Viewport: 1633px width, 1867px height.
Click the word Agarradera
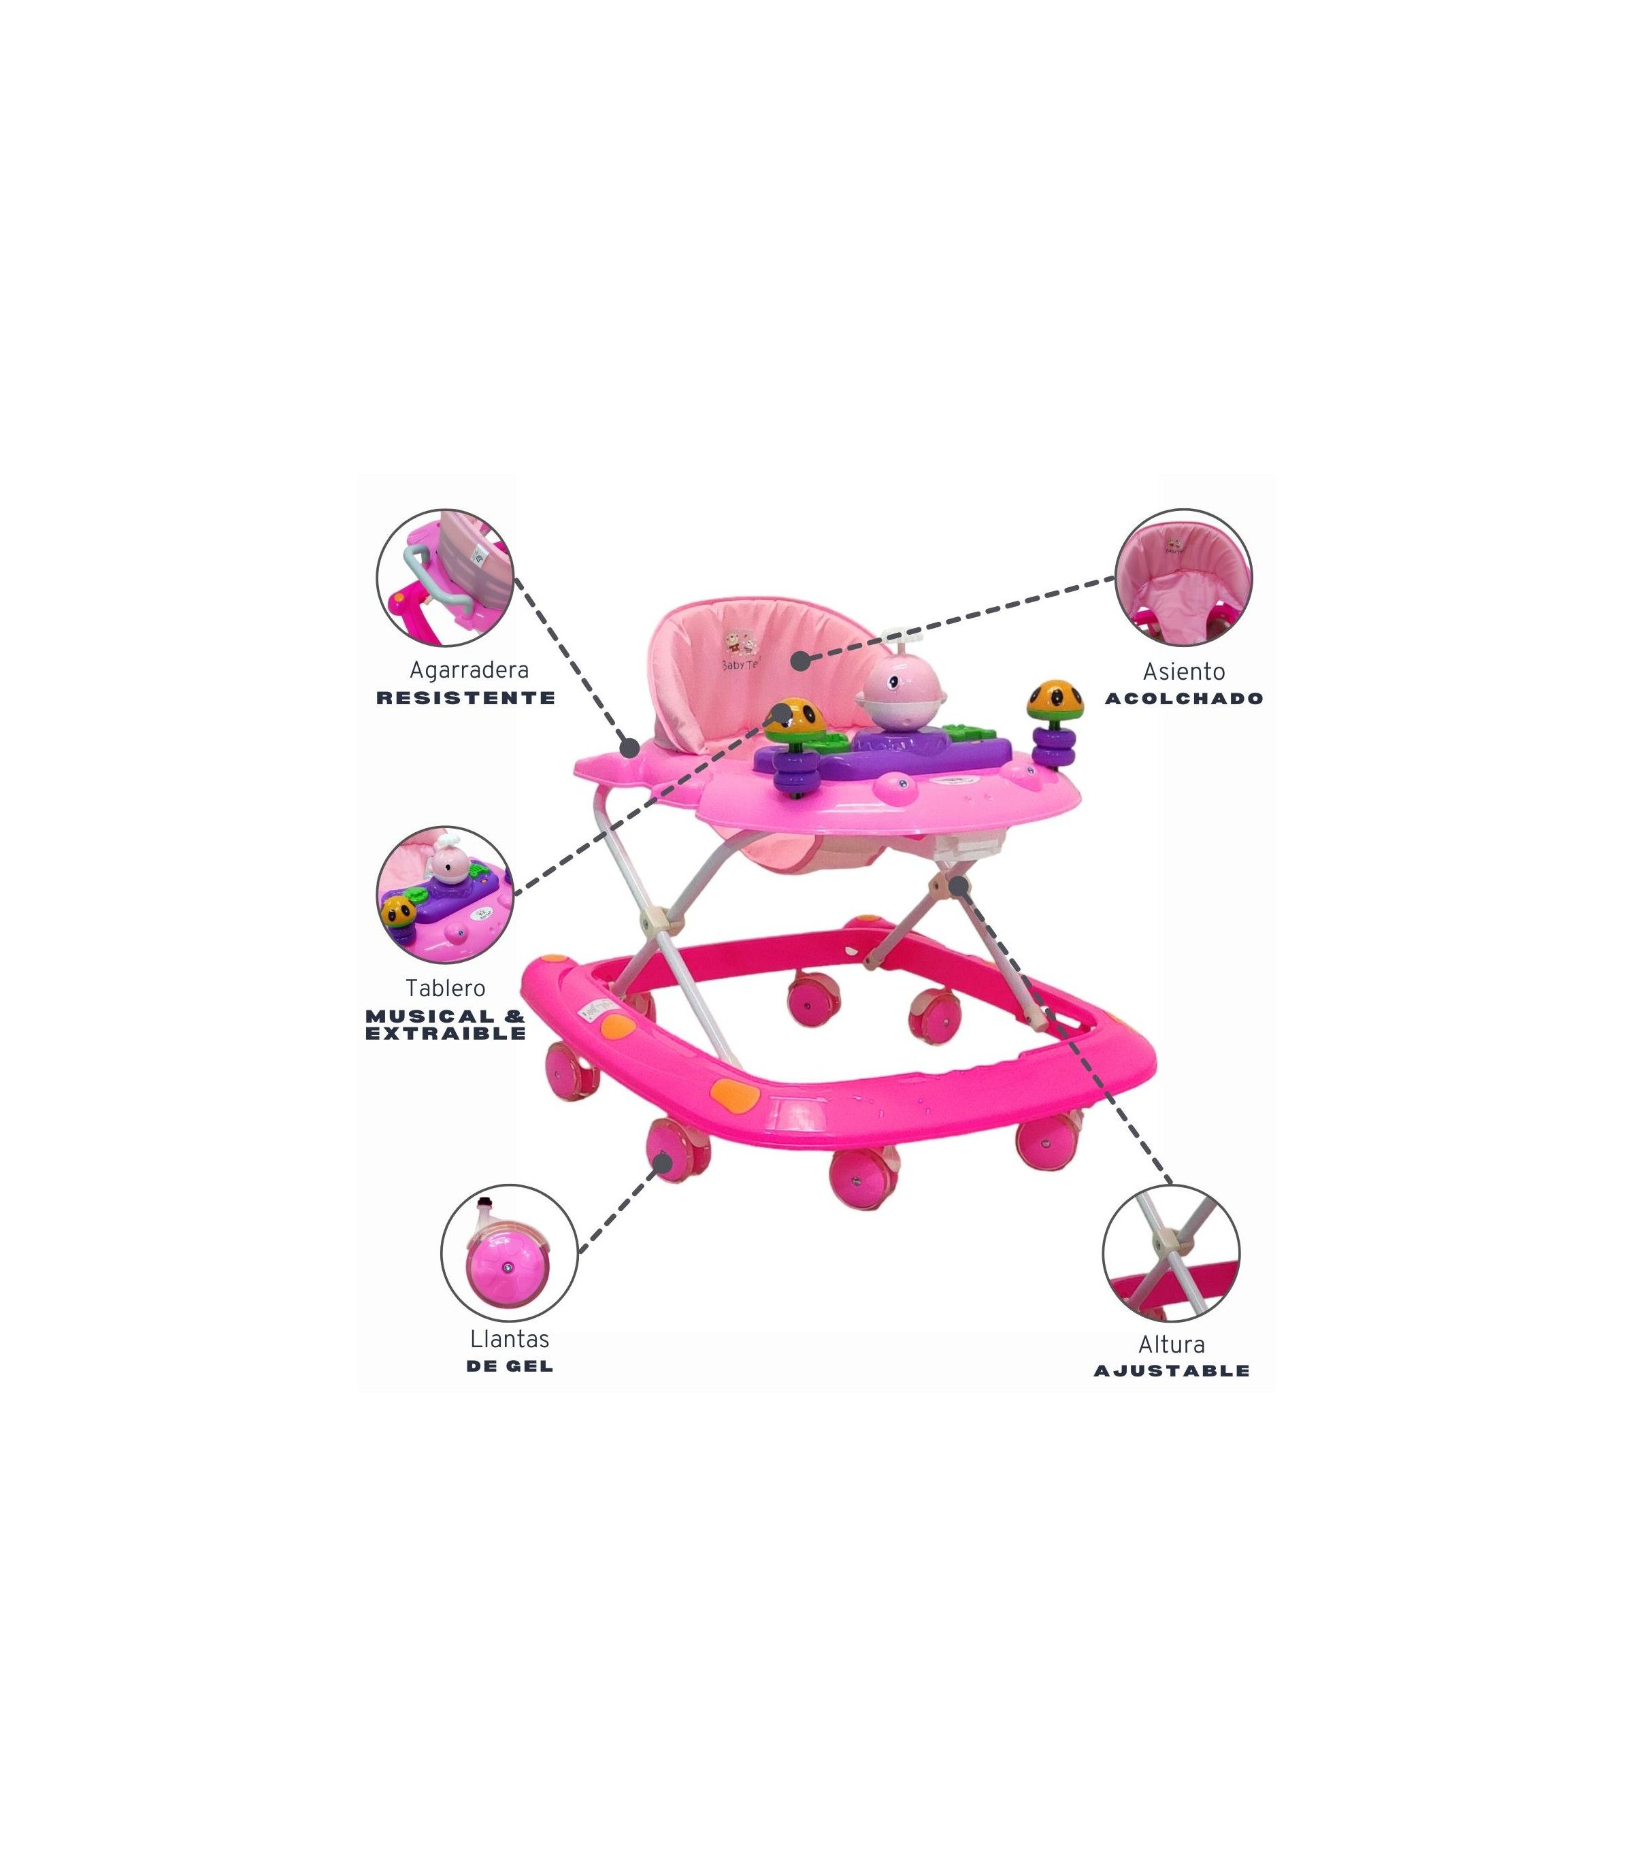pyautogui.click(x=468, y=671)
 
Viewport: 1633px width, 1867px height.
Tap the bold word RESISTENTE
pyautogui.click(x=465, y=698)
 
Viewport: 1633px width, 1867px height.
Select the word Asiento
pyautogui.click(x=1184, y=672)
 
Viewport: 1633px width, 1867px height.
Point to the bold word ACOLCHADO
pyautogui.click(x=1184, y=699)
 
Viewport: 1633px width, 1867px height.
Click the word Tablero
pyautogui.click(x=445, y=988)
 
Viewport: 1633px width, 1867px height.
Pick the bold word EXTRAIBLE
pyautogui.click(x=446, y=1034)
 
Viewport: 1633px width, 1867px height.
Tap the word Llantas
pyautogui.click(x=510, y=1340)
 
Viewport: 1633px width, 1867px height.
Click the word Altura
pyautogui.click(x=1171, y=1344)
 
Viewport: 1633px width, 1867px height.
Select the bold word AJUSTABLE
pyautogui.click(x=1171, y=1370)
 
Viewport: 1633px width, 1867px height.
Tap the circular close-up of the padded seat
pyautogui.click(x=1183, y=578)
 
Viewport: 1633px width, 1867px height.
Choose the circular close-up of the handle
pyautogui.click(x=446, y=578)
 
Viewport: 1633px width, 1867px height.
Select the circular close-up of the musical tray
pyautogui.click(x=446, y=895)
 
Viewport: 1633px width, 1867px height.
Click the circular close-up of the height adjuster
pyautogui.click(x=1171, y=1253)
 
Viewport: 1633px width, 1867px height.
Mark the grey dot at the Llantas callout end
pyautogui.click(x=665, y=1161)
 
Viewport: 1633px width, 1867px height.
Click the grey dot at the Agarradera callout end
pyautogui.click(x=629, y=746)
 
